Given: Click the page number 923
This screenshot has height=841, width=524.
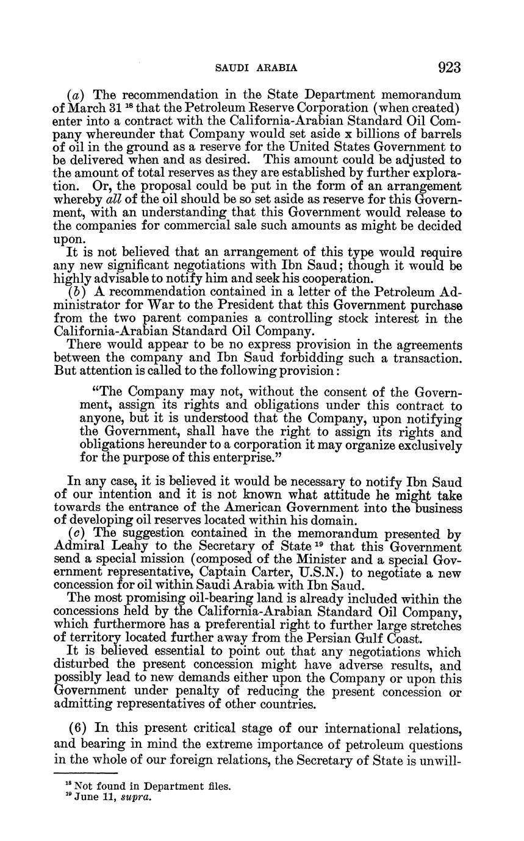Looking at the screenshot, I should point(449,67).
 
